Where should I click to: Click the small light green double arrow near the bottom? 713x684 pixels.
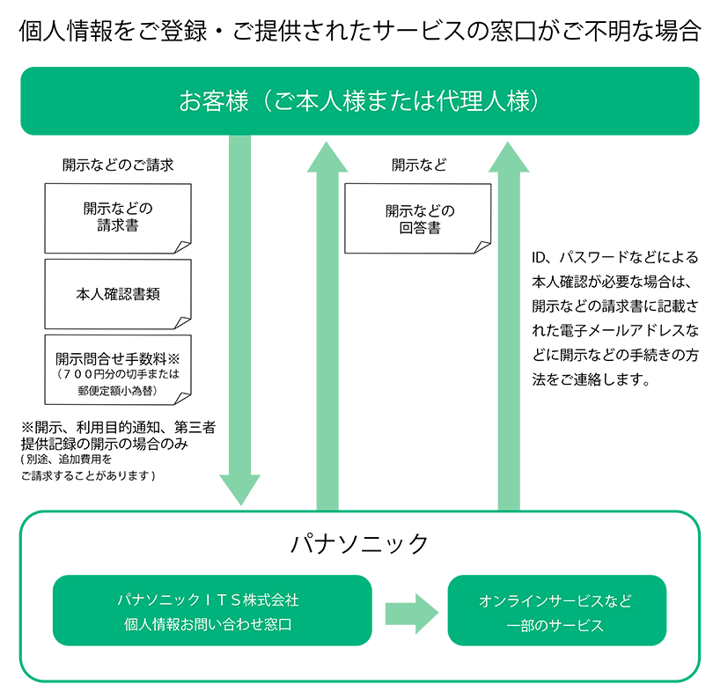click(x=410, y=614)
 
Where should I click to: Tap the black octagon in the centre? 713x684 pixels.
click(x=416, y=224)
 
